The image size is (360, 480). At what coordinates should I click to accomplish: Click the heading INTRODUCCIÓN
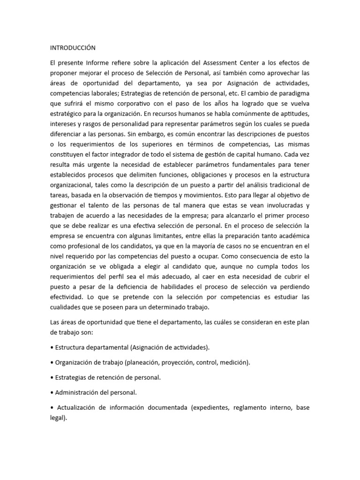[x=73, y=48]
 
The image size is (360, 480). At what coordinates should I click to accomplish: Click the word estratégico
[x=67, y=113]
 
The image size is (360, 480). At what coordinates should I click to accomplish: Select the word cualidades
[x=69, y=307]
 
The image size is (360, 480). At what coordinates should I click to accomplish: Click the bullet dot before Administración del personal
[x=51, y=392]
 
